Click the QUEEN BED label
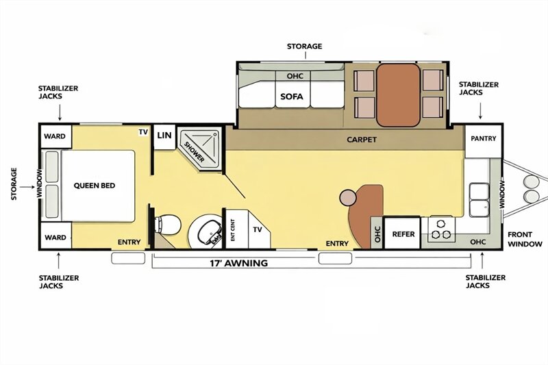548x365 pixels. point(95,186)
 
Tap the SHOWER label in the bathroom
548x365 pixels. point(195,151)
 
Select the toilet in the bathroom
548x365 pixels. point(167,225)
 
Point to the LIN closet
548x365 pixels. point(164,137)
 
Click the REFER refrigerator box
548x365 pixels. point(402,233)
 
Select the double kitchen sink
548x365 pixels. point(479,200)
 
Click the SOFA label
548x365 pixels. point(292,97)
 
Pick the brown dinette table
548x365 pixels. point(398,95)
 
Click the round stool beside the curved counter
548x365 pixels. point(348,198)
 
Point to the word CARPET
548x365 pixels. point(362,140)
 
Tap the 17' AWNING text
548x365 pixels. point(238,263)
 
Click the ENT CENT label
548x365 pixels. point(233,230)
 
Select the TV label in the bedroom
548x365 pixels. point(143,132)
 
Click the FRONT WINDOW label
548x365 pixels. point(525,239)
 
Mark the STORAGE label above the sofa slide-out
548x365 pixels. point(304,46)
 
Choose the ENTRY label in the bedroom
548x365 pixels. point(129,242)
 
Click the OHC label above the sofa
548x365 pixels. point(295,76)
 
